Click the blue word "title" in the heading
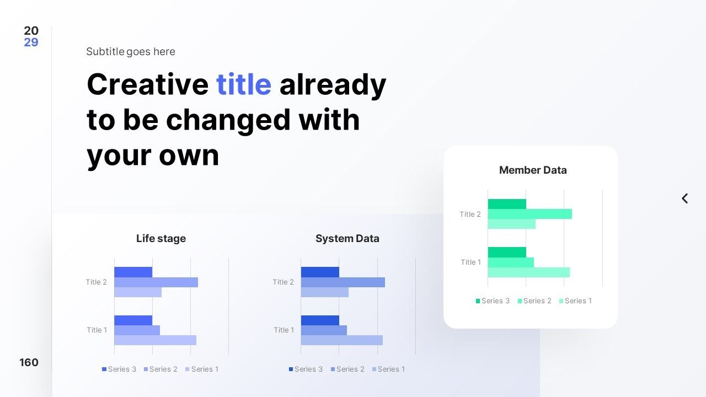coord(244,84)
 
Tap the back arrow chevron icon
coord(684,198)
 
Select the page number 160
coord(29,362)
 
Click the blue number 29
coord(31,42)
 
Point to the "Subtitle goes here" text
coord(131,51)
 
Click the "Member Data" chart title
coord(533,170)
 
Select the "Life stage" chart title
coord(161,239)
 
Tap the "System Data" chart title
coord(347,239)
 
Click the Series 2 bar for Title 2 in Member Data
coord(530,214)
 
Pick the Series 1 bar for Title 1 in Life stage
coord(156,340)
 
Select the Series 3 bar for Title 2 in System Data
coord(320,272)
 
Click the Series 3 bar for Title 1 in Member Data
coord(507,253)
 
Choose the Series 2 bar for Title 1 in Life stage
coord(137,330)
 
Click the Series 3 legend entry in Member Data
coord(493,301)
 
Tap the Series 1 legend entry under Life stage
coord(202,369)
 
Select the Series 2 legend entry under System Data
coord(347,369)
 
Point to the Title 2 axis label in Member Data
coord(470,214)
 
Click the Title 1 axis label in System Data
coord(284,330)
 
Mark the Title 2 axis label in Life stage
coord(97,282)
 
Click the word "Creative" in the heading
coord(147,84)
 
